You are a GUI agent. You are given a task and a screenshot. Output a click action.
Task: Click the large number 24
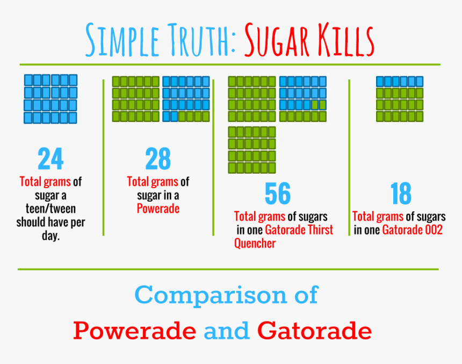(50, 159)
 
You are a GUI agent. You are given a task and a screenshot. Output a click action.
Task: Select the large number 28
(158, 159)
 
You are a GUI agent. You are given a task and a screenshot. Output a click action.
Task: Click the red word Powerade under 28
(158, 209)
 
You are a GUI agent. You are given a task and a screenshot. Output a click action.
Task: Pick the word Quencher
(255, 244)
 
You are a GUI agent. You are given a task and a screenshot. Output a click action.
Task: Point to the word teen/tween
(50, 209)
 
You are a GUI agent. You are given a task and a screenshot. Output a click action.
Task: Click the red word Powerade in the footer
(134, 330)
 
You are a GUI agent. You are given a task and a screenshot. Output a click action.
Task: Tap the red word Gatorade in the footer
(314, 330)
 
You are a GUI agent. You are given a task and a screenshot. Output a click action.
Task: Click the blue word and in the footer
(226, 330)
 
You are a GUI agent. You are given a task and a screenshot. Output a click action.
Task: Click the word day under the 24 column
(49, 236)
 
